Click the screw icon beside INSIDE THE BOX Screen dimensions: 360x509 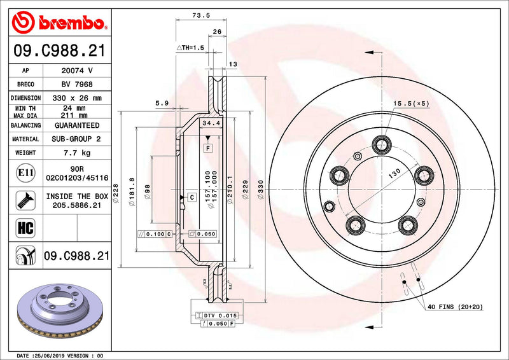(x=22, y=201)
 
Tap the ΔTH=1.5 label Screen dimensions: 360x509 (x=189, y=48)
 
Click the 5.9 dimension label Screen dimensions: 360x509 (x=161, y=102)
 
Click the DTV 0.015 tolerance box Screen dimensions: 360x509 (x=217, y=315)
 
